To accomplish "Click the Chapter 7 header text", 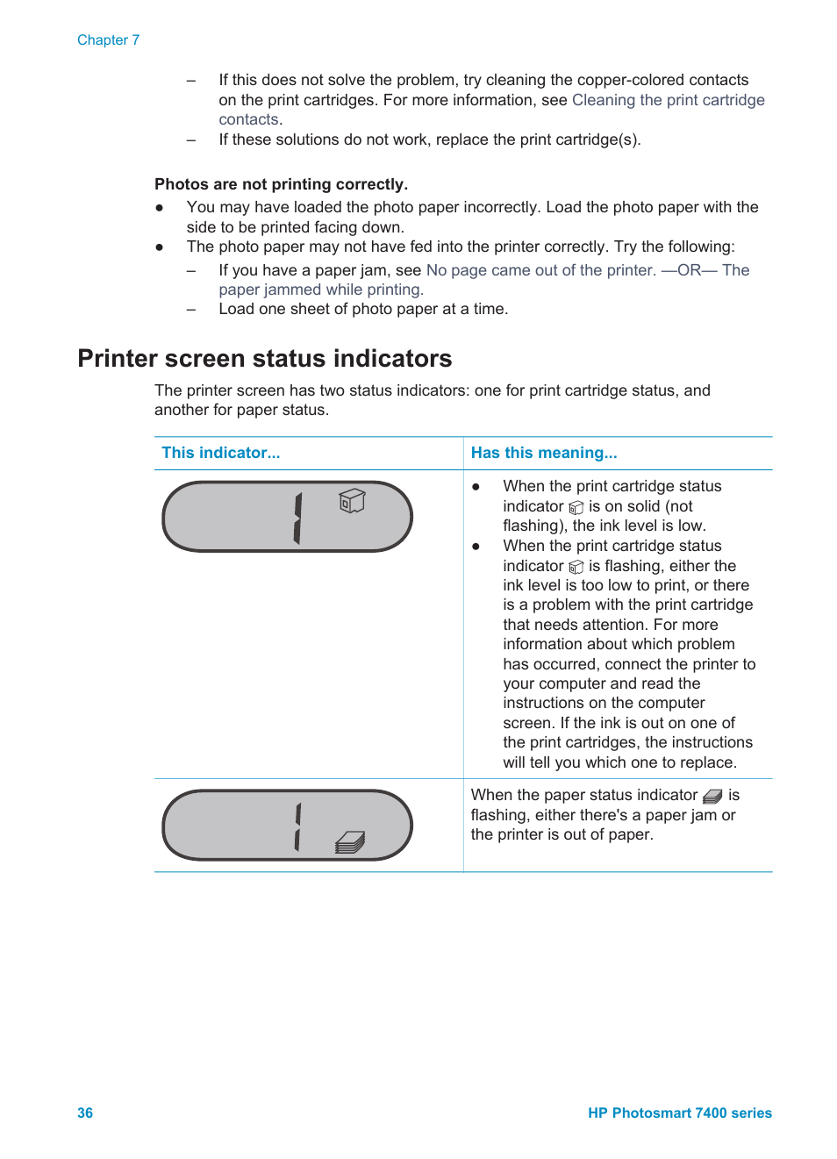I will [108, 40].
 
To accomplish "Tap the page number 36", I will [85, 1112].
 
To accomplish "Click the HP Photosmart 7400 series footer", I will [679, 1112].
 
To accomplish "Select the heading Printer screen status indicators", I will [264, 359].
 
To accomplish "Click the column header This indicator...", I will [220, 453].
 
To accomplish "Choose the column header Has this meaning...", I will [543, 453].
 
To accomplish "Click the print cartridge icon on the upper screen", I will [352, 501].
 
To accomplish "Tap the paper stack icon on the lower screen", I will [350, 842].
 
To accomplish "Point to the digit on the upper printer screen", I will [297, 518].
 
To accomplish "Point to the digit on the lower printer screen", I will [297, 826].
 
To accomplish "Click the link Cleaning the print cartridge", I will [668, 100].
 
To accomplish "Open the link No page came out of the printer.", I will [540, 270].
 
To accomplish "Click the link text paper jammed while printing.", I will [320, 290].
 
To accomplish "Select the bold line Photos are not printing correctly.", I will [281, 184].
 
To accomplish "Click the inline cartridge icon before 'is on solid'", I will [576, 508].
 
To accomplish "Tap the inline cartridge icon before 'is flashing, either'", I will [576, 568].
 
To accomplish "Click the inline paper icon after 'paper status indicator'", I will [712, 796].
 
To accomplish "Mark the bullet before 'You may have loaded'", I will [160, 208].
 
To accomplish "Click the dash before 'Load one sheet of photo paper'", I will [191, 309].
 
